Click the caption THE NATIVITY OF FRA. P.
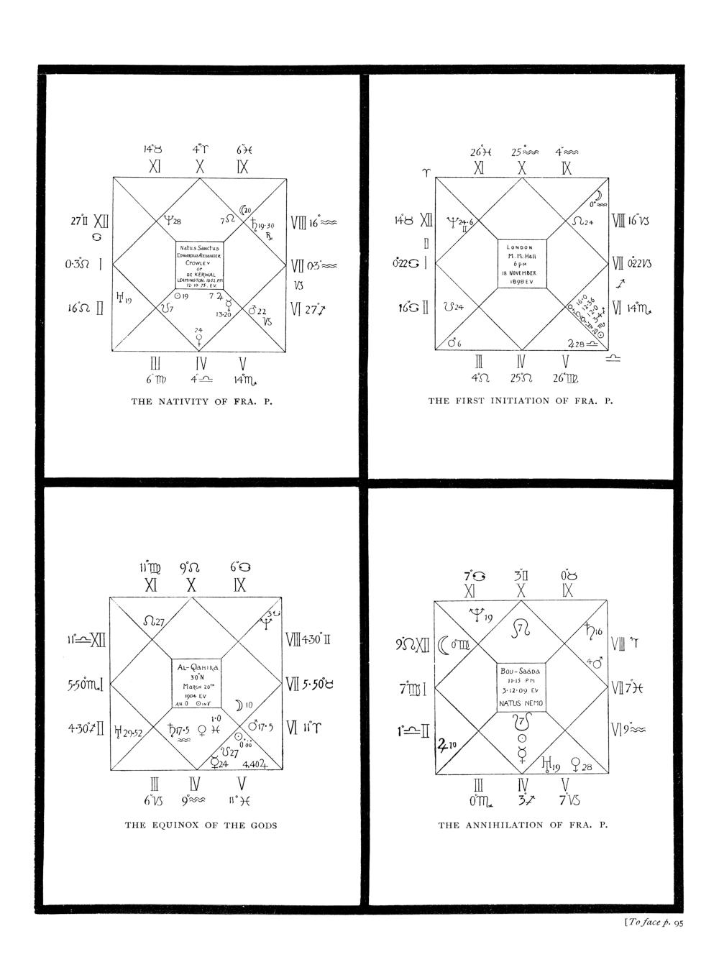201,401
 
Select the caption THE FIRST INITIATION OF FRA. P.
521,400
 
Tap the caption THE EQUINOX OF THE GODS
201,825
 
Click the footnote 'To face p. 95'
648,924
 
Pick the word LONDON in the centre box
523,247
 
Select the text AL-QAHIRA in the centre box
197,667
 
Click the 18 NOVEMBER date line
523,273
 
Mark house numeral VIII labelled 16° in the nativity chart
299,224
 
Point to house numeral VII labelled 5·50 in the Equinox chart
293,684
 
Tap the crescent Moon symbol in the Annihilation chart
444,645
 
